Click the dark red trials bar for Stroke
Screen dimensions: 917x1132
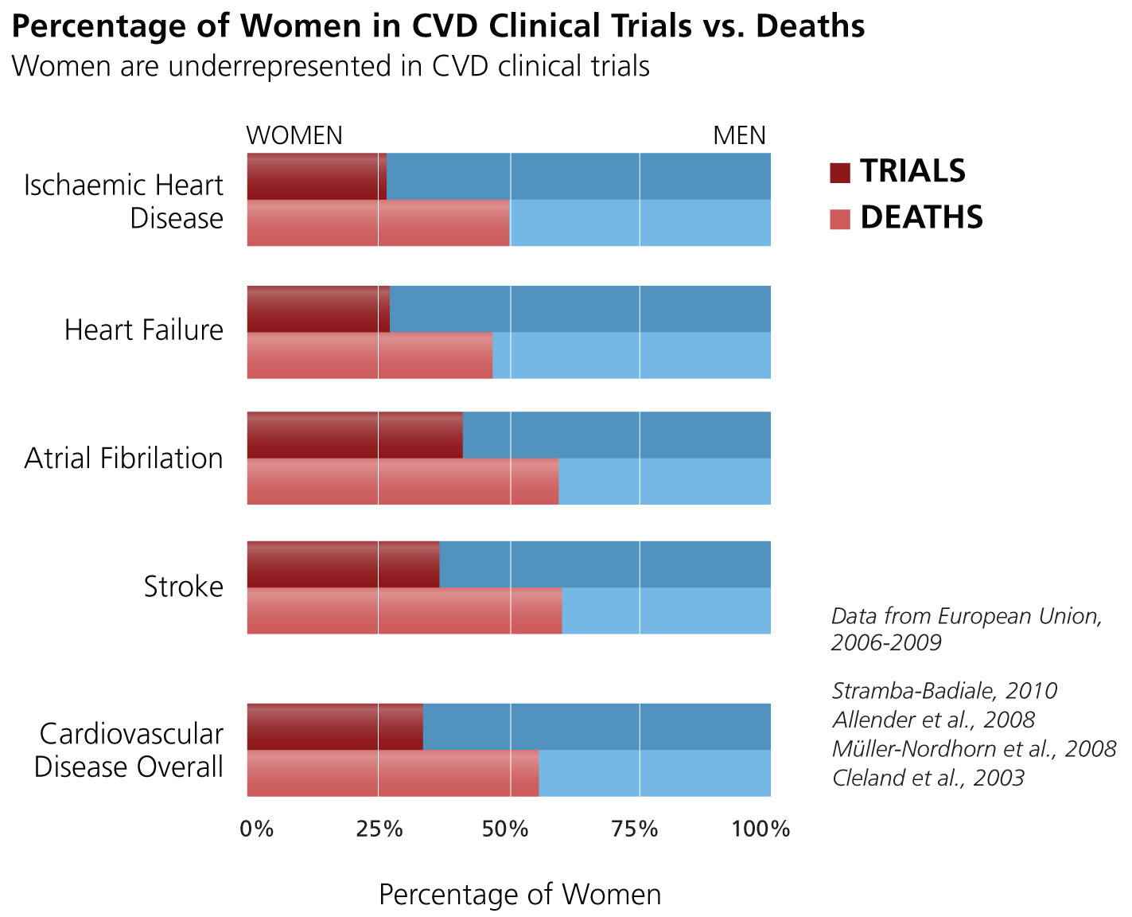pos(343,564)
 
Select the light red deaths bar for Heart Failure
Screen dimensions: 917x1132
pos(369,355)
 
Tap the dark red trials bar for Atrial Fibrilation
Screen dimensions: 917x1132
pos(355,435)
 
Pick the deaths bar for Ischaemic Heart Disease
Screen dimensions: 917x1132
pos(378,223)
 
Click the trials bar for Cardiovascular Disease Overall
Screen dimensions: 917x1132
pos(335,727)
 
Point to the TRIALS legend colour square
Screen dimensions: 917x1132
pos(840,173)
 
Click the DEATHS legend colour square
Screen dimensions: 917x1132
pos(840,219)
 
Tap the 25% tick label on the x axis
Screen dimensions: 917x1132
pos(379,829)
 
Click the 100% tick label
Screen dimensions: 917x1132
pos(761,829)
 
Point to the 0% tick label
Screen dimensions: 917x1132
pos(257,829)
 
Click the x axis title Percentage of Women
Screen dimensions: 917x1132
pos(519,895)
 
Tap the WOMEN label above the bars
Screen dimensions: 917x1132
pos(294,136)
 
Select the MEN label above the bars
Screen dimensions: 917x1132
pos(739,136)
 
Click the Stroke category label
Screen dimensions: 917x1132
pos(184,587)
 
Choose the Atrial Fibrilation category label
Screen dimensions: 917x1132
pos(124,458)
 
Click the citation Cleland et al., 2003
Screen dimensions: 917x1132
pos(928,778)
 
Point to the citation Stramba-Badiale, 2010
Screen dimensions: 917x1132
pos(944,690)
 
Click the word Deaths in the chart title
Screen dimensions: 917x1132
pos(810,27)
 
